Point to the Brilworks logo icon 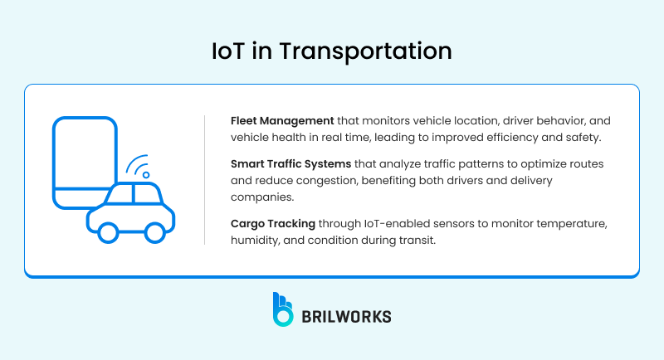click(283, 308)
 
